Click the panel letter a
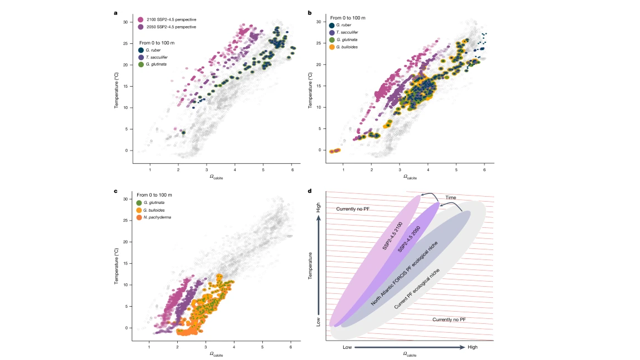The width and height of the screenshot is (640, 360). pyautogui.click(x=116, y=13)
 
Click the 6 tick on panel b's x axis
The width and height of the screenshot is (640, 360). pyautogui.click(x=484, y=169)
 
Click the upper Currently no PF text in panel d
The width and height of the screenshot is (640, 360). pyautogui.click(x=354, y=208)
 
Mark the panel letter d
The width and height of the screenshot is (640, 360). pyautogui.click(x=309, y=191)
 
